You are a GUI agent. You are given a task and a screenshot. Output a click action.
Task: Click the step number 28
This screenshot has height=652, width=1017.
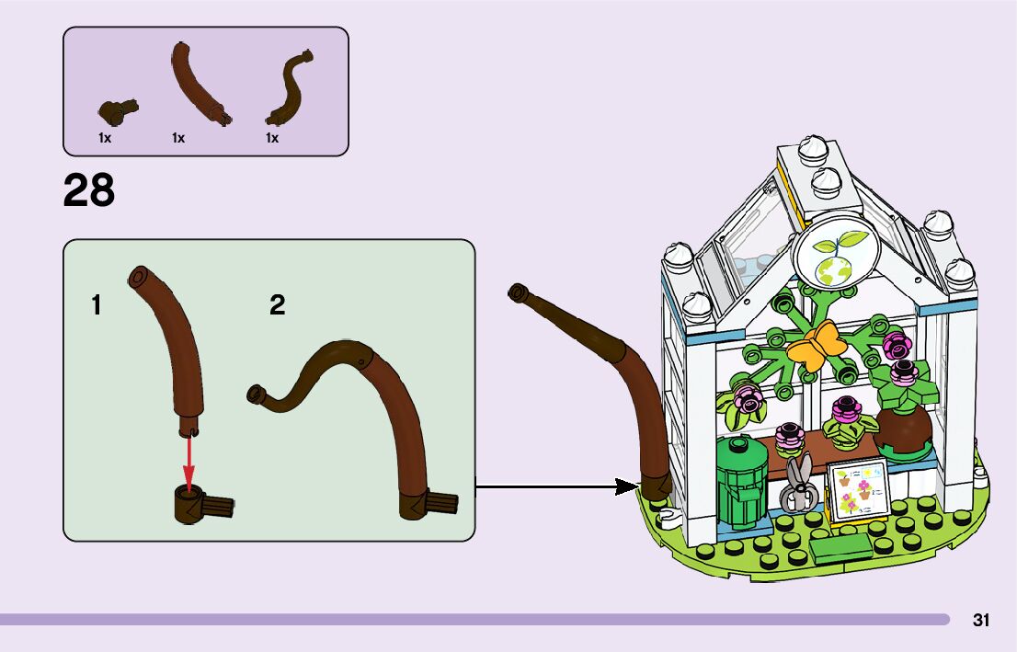pyautogui.click(x=89, y=190)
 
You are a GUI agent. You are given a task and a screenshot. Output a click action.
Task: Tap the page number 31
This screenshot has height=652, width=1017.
pyautogui.click(x=981, y=620)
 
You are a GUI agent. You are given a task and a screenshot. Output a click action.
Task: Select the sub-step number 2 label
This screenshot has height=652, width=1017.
pyautogui.click(x=278, y=304)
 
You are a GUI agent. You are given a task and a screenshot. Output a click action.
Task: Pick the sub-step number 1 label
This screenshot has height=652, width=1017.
pyautogui.click(x=97, y=304)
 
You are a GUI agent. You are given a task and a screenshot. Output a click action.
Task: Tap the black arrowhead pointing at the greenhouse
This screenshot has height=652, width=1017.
pyautogui.click(x=628, y=486)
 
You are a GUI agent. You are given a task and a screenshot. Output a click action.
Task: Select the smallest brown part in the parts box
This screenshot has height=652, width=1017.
pyautogui.click(x=117, y=110)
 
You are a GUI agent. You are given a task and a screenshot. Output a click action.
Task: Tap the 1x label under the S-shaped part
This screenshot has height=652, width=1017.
pyautogui.click(x=272, y=138)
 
